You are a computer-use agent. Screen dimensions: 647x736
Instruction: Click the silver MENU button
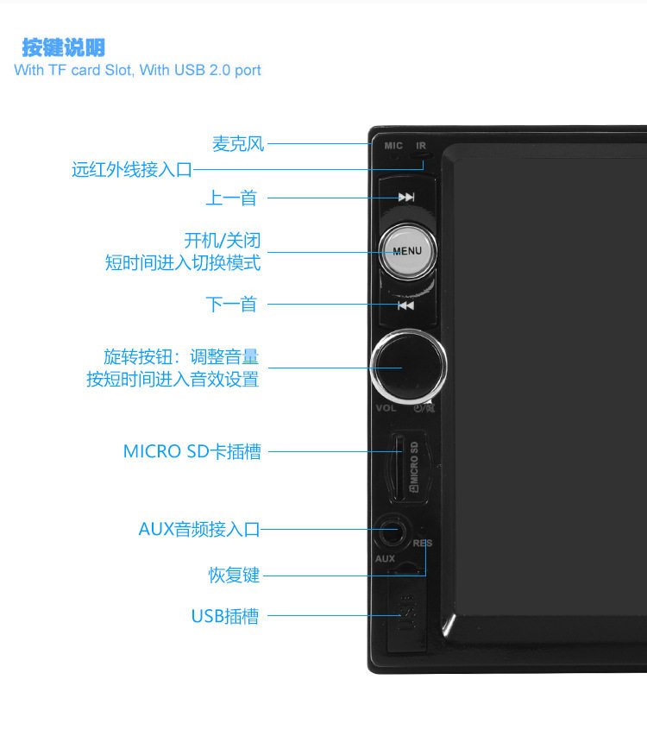407,251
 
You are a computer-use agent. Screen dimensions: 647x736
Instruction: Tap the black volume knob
409,366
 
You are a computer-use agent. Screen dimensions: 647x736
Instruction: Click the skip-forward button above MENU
406,198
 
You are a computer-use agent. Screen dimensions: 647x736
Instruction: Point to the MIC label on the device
393,146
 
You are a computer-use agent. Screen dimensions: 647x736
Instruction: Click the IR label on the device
421,146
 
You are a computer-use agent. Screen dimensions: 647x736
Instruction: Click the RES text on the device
423,544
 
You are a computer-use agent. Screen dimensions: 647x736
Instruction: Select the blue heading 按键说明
64,47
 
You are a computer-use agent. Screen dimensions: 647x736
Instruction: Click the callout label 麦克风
238,144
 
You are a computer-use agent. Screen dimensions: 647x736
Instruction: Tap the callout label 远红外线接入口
132,170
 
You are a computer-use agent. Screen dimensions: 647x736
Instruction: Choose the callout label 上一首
231,198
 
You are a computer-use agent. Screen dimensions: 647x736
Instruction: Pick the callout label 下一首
231,304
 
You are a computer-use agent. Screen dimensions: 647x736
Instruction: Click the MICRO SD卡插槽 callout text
192,451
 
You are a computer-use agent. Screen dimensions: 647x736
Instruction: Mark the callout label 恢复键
234,575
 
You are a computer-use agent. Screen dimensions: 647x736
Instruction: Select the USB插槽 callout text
225,616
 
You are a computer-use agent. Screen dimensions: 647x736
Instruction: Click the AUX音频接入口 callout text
198,529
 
